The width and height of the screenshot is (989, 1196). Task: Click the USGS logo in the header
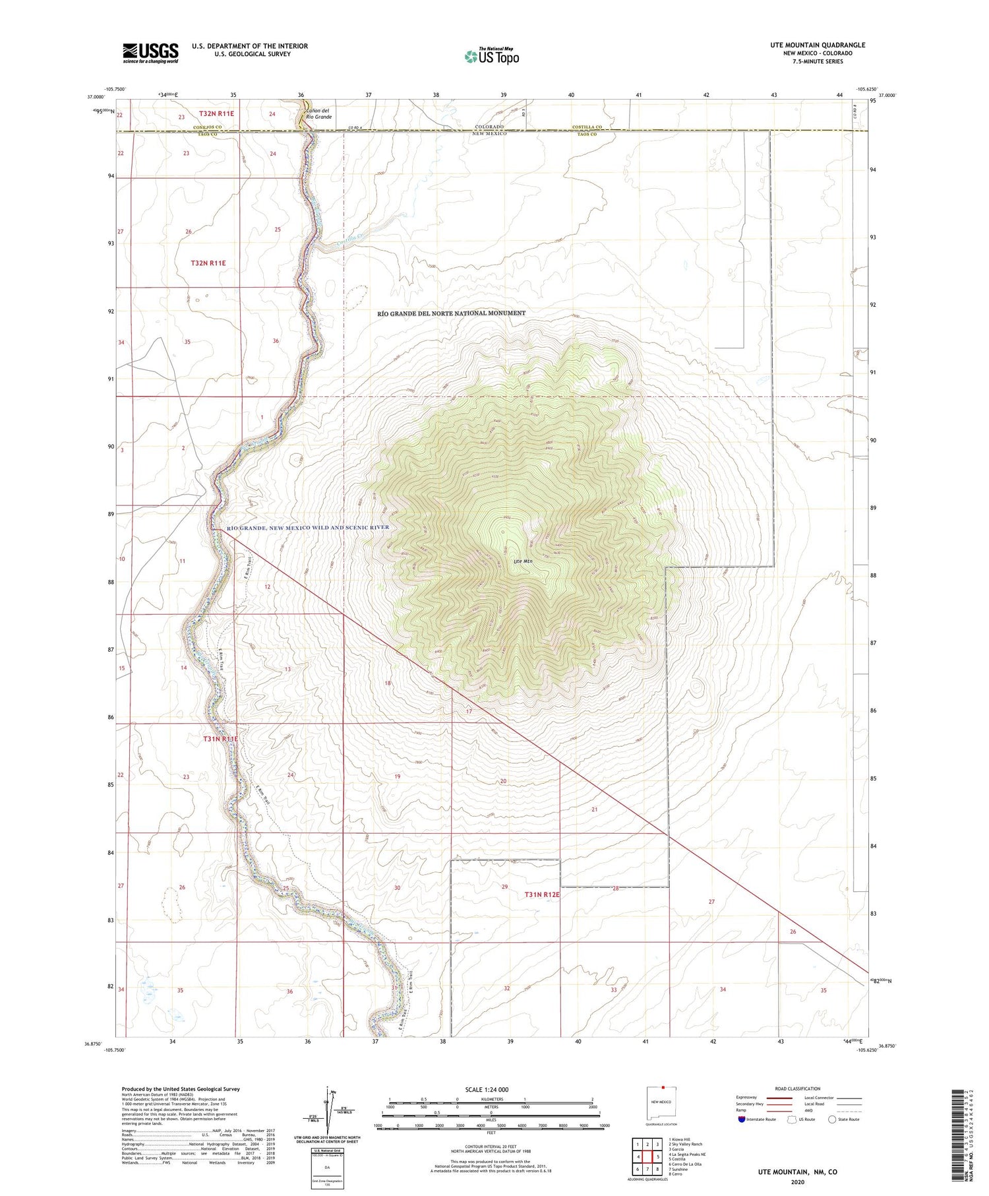[150, 53]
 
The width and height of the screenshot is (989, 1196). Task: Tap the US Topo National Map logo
[491, 57]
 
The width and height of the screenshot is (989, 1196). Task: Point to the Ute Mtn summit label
[523, 561]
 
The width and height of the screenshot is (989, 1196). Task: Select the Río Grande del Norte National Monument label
[451, 313]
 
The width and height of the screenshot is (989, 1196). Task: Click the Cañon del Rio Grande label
[318, 113]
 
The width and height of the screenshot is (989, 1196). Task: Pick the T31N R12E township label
[541, 895]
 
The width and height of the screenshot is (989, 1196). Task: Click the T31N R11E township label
[220, 740]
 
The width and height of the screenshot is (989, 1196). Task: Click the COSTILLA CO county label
[587, 127]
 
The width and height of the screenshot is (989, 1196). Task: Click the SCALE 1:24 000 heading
[487, 1089]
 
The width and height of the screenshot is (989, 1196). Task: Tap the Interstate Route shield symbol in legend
[742, 1119]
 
